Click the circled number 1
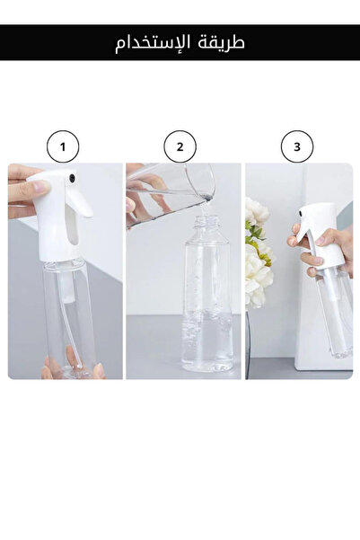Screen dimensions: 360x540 [63, 146]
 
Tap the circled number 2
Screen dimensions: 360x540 [180, 146]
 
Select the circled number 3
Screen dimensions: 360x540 [297, 146]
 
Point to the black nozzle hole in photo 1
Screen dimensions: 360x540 [72, 178]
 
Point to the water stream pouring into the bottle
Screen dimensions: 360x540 [205, 208]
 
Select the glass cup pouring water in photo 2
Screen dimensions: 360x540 [171, 194]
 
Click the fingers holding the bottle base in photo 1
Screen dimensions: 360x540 [73, 365]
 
